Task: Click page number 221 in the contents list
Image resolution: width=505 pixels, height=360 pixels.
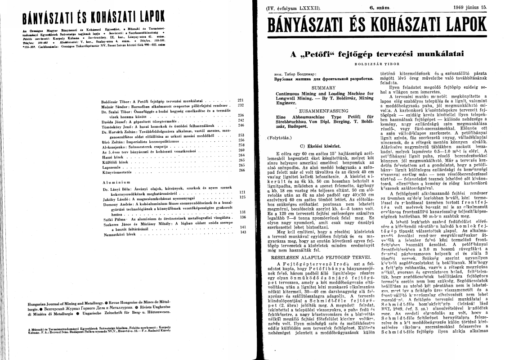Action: tap(240, 101)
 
